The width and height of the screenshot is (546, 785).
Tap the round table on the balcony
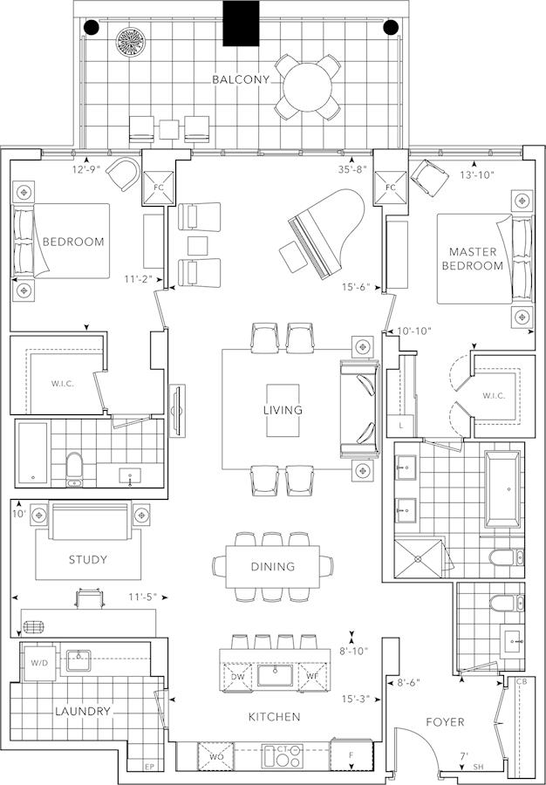[x=307, y=86]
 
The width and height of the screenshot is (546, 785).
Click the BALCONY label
[x=241, y=79]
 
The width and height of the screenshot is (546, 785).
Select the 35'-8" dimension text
[x=353, y=169]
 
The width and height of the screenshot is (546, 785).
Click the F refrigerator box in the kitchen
[x=351, y=755]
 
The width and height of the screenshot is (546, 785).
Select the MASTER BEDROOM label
[x=473, y=259]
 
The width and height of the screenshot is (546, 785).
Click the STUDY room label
[x=88, y=559]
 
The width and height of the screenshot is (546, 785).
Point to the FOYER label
[x=445, y=722]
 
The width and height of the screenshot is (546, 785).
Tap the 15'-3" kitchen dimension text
[x=356, y=699]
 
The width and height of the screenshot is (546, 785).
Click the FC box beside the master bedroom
[x=391, y=188]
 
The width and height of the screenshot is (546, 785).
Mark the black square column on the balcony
[x=241, y=24]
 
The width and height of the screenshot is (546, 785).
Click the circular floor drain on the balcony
[x=131, y=42]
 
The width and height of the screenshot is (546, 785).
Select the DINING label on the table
[x=273, y=567]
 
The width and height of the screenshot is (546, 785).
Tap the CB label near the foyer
[x=521, y=682]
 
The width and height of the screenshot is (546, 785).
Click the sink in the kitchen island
[x=275, y=675]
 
